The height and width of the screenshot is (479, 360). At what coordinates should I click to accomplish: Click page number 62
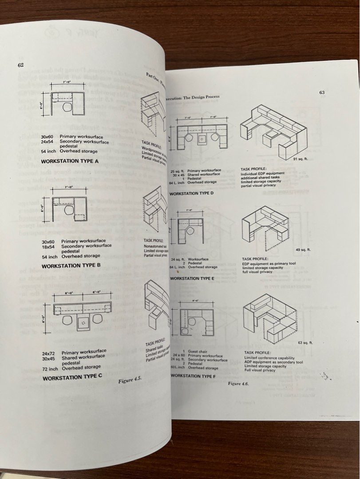tap(20, 65)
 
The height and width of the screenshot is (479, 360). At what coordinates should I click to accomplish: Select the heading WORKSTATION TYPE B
tap(71, 266)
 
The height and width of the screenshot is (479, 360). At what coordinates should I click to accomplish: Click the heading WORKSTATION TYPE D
tap(192, 194)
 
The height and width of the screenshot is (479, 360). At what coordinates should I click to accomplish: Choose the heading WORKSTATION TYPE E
tap(192, 278)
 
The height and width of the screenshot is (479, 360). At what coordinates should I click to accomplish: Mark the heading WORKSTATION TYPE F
tap(193, 375)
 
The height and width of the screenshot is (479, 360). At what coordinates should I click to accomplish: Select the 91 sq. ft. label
tap(301, 159)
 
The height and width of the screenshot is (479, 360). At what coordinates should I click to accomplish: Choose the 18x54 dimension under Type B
tap(47, 246)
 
